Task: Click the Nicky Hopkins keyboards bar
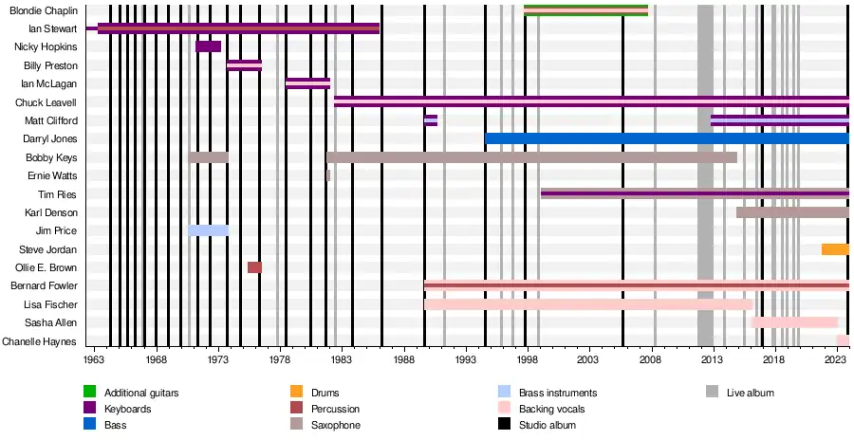tap(208, 46)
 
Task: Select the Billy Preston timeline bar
tap(244, 65)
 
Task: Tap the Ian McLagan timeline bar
tap(307, 83)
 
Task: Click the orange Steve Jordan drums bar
tap(835, 249)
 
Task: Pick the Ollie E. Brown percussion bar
tap(254, 267)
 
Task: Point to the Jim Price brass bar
tap(208, 230)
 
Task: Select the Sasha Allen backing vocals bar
tap(794, 322)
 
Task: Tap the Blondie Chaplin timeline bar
tap(585, 10)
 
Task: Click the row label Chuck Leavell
tap(46, 102)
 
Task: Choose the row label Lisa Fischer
tap(53, 304)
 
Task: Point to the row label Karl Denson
tap(52, 212)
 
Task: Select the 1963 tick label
tap(94, 360)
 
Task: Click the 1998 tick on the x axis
tap(526, 360)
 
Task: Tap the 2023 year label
tap(835, 360)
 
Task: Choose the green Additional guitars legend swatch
tap(90, 392)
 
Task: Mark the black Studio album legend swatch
tap(505, 425)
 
